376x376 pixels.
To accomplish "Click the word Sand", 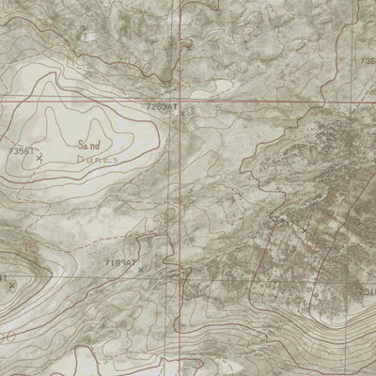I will point(89,145).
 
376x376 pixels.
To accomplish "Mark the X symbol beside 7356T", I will point(39,159).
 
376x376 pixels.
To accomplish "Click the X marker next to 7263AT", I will point(173,117).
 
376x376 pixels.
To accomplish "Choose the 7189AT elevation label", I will point(121,263).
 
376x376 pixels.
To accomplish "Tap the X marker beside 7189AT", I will point(140,269).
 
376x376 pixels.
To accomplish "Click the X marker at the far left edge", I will point(11,285).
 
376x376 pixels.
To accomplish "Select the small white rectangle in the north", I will point(89,35).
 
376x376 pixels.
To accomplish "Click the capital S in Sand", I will point(81,145).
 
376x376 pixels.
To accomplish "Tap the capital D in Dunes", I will point(81,161).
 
